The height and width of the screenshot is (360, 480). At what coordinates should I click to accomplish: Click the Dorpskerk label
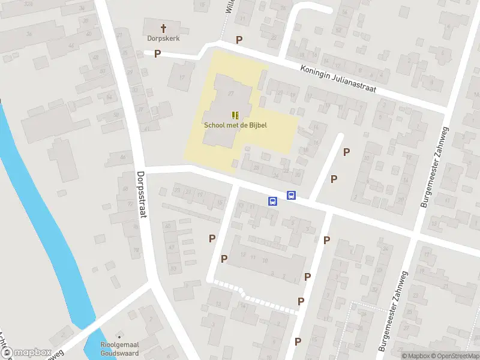[163, 37]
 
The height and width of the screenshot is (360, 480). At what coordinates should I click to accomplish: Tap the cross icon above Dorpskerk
[163, 27]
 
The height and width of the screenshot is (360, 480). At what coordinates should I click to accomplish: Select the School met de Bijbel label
[235, 125]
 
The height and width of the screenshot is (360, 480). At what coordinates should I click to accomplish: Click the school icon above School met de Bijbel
[235, 115]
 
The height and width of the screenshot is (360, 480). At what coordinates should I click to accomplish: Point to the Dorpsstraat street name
[142, 195]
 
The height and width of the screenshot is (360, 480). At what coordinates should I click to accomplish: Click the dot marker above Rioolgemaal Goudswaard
[119, 335]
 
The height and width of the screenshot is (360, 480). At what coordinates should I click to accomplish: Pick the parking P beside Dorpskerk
[158, 54]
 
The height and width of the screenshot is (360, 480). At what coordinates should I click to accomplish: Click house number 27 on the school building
[231, 94]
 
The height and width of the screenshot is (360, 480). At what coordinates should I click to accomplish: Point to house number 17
[182, 78]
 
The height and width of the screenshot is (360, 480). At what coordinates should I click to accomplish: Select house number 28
[257, 167]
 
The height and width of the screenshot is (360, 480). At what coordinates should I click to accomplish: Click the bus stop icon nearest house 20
[292, 195]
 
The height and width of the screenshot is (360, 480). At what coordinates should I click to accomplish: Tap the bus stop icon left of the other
[272, 202]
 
